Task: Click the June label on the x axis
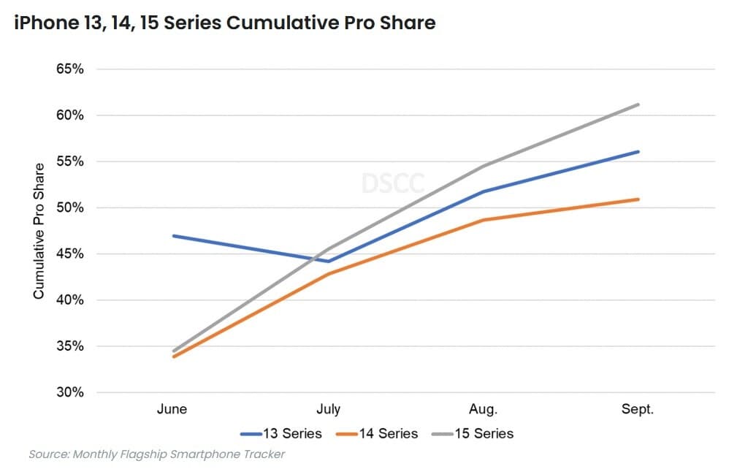click(172, 409)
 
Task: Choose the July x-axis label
click(328, 409)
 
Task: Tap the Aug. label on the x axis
click(483, 409)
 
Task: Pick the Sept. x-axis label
click(638, 409)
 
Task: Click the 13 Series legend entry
click(282, 434)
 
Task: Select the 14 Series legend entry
click(378, 434)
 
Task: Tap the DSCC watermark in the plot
click(392, 183)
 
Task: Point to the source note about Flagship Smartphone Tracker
click(156, 454)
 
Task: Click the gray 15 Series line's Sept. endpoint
click(638, 104)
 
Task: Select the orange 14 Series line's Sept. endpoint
click(638, 199)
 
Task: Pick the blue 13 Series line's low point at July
click(328, 261)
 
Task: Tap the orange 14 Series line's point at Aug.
click(483, 220)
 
